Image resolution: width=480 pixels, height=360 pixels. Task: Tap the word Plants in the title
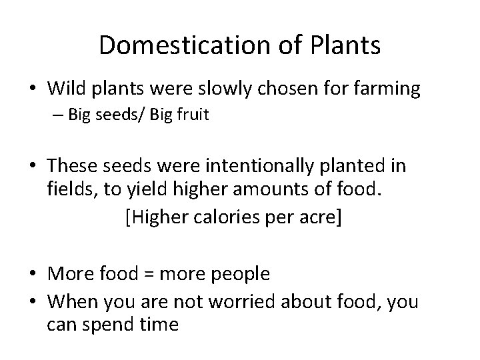point(344,45)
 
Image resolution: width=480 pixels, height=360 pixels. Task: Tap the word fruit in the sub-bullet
point(193,115)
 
